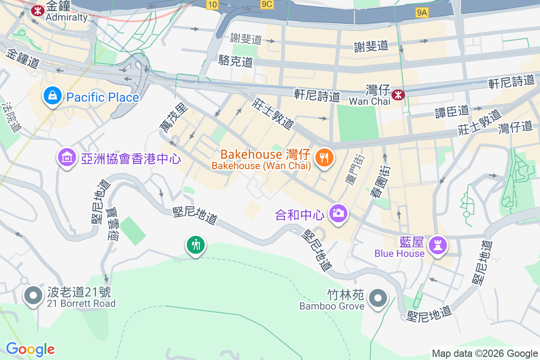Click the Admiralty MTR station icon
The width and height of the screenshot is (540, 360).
pos(37,9)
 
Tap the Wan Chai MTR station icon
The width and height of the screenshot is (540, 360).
pos(398,94)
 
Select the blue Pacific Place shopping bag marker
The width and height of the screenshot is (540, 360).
pos(53,96)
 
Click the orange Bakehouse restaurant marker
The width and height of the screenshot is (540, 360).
pos(324,157)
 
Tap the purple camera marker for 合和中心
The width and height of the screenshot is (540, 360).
pos(337,212)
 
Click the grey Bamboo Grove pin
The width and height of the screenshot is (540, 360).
pos(378,298)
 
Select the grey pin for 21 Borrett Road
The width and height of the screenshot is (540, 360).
pos(33,295)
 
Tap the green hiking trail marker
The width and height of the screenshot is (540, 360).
pos(196,245)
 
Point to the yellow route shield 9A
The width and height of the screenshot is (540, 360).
pos(422,13)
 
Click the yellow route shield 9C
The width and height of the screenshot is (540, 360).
pos(267,4)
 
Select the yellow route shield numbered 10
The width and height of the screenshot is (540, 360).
pos(213,4)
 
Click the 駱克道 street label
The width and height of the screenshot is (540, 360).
pos(235,61)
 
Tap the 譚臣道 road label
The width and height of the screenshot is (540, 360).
pos(452,111)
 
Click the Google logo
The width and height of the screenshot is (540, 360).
pos(30,349)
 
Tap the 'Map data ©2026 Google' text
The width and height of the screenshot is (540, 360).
pos(485,353)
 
